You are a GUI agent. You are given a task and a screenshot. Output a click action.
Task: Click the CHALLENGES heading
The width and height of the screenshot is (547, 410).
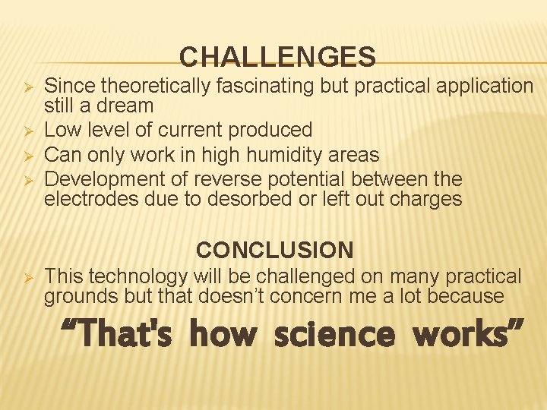coord(277,57)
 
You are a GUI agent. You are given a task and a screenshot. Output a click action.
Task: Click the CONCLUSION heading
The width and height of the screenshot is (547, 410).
coord(274,250)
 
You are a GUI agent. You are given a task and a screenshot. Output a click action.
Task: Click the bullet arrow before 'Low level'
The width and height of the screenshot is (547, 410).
coord(25,131)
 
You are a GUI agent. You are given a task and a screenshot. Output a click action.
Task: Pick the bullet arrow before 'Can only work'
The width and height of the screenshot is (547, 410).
coord(25,156)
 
